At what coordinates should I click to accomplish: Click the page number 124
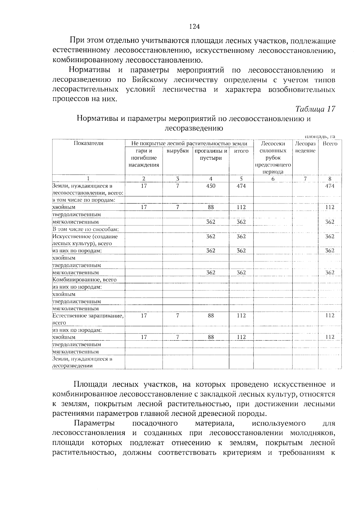[x=194, y=27]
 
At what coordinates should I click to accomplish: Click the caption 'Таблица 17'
[x=315, y=109]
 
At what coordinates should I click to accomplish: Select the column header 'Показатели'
[x=88, y=143]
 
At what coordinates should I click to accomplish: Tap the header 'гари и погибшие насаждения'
[x=144, y=158]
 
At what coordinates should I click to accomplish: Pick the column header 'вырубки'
[x=178, y=151]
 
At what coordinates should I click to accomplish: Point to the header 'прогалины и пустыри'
[x=211, y=154]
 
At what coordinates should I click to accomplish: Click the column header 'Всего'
[x=330, y=143]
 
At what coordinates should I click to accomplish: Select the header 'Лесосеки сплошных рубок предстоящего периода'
[x=273, y=158]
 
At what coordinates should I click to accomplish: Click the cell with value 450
[x=211, y=186]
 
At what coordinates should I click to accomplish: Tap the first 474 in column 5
[x=241, y=186]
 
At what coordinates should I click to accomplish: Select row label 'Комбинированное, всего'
[x=85, y=280]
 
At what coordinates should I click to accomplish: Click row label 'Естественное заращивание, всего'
[x=88, y=319]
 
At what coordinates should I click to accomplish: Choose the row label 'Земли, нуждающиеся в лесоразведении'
[x=83, y=362]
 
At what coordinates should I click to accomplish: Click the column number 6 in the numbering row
[x=273, y=179]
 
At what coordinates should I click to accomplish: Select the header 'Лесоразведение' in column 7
[x=305, y=147]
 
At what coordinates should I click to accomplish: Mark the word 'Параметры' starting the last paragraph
[x=94, y=423]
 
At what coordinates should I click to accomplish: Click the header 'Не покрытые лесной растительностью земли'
[x=189, y=143]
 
